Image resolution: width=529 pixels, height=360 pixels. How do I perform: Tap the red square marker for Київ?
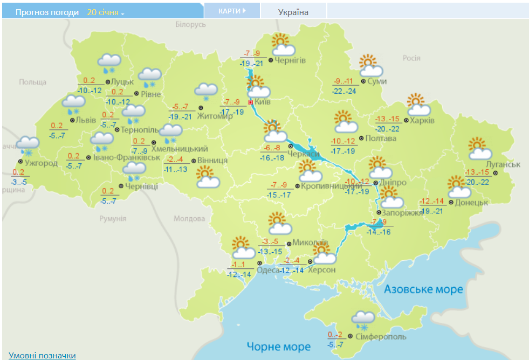pos(250,102)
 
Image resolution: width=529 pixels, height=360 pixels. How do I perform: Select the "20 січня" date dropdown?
pos(105,12)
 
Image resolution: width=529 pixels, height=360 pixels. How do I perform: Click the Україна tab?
pos(293,12)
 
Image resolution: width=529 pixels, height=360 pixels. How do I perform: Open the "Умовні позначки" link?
pos(42,355)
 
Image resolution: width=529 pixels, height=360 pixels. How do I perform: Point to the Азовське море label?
pos(423,289)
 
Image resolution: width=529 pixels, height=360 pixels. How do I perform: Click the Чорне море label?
pos(278,346)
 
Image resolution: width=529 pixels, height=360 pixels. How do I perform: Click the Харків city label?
pos(422,120)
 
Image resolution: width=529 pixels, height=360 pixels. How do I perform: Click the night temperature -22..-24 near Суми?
pos(345,91)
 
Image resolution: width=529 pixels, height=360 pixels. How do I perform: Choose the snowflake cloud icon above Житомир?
pos(205,92)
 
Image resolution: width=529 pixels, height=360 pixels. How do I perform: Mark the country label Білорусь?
pos(191,25)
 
